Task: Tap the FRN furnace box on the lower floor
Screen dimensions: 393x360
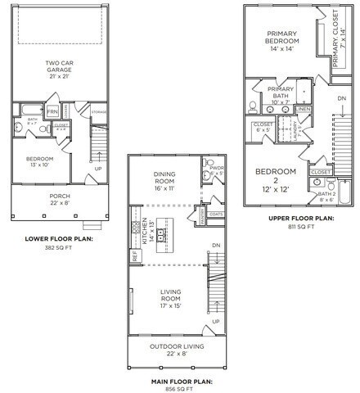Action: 53,111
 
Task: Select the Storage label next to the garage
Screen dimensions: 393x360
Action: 98,112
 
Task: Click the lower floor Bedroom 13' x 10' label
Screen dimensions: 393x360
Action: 43,160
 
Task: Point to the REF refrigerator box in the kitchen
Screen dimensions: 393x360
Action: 134,256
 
